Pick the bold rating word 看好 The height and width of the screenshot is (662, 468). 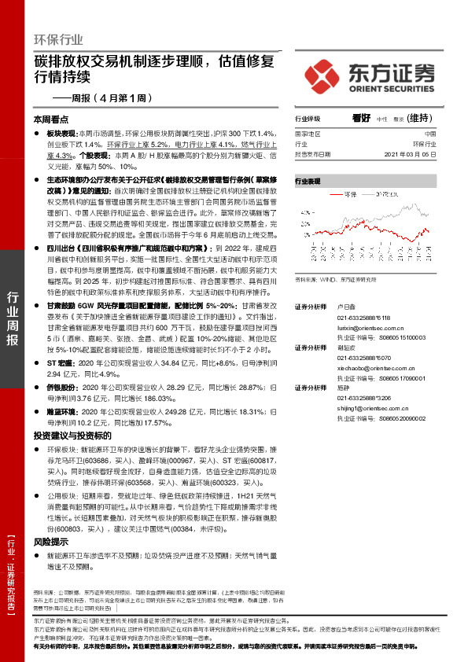pos(362,118)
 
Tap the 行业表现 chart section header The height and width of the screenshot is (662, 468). pos(308,181)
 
